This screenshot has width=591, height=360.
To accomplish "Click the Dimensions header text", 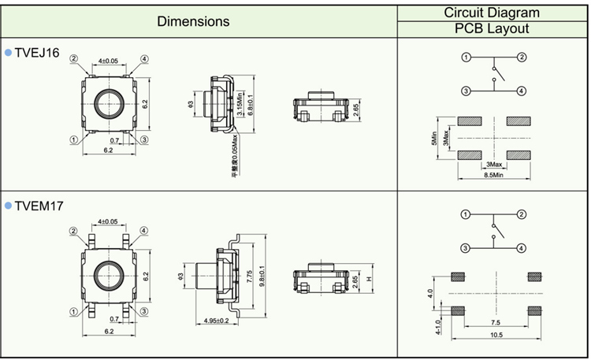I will click(x=193, y=21).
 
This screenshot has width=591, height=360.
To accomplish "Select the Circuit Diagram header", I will click(x=492, y=13).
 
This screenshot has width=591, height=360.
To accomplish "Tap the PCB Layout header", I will click(x=492, y=29).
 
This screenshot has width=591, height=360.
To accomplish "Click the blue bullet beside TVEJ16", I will click(x=9, y=52).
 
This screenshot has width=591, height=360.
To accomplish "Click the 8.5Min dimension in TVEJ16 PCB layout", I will click(x=492, y=175).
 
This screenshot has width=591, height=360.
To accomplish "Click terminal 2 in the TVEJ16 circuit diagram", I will click(x=522, y=58).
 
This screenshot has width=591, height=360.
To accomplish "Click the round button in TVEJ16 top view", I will click(x=107, y=102).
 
